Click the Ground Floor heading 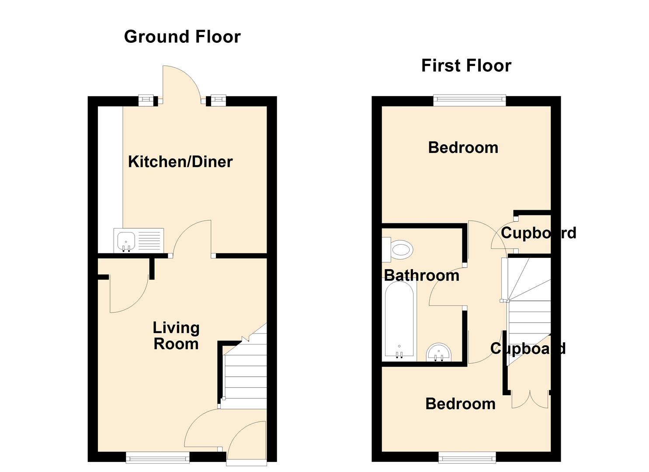coord(182,37)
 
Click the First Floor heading coord(466,66)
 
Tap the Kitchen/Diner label coord(180,162)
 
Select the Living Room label coord(176,336)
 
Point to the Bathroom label coord(422,275)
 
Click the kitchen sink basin coord(126,241)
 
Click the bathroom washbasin coord(439,352)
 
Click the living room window coord(158,458)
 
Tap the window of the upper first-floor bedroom coord(470,100)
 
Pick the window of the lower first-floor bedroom coord(467,458)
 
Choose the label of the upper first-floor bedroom coord(463,148)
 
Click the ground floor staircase coord(245,373)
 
